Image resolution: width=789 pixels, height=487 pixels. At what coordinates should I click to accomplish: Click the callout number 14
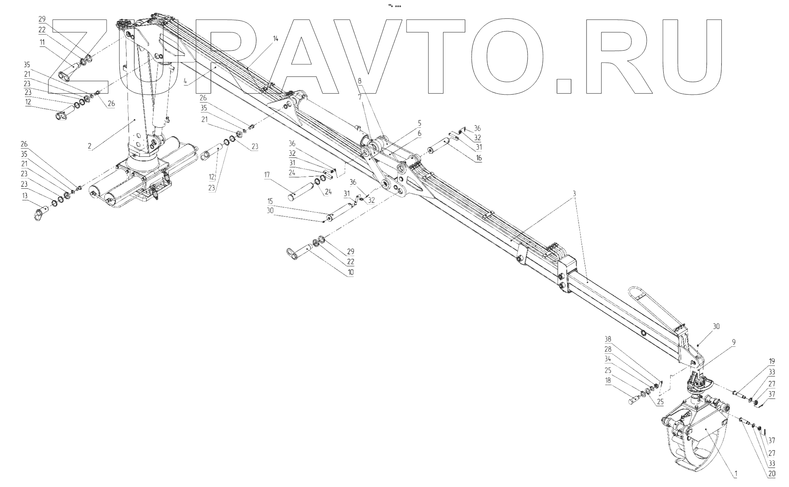(x=275, y=38)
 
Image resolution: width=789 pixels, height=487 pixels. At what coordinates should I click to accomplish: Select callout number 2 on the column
(x=90, y=146)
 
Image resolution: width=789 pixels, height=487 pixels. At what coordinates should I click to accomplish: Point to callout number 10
(x=351, y=272)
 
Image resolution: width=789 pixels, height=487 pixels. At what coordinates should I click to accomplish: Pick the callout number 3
(x=574, y=194)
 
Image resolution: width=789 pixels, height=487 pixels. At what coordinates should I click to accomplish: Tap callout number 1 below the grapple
(x=735, y=473)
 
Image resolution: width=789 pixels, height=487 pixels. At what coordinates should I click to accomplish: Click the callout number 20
(x=771, y=473)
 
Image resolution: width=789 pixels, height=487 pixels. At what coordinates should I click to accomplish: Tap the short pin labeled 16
(x=438, y=148)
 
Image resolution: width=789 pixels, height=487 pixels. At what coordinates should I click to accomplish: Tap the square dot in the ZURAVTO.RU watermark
(x=563, y=85)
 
